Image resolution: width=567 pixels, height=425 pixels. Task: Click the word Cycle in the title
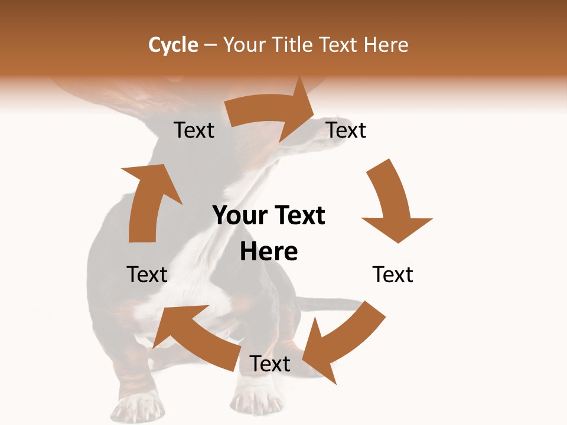(x=173, y=45)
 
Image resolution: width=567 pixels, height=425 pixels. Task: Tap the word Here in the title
(x=386, y=45)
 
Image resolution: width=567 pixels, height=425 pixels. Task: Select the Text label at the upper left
(x=194, y=130)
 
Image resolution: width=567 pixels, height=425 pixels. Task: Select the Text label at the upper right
(x=346, y=130)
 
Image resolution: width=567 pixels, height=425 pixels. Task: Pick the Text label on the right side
(x=393, y=274)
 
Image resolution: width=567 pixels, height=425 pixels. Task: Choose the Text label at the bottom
(x=270, y=364)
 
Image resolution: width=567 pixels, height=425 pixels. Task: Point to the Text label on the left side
(x=147, y=274)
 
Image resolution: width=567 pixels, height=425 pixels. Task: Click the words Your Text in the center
(x=269, y=215)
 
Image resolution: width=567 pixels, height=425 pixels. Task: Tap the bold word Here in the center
(x=269, y=251)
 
